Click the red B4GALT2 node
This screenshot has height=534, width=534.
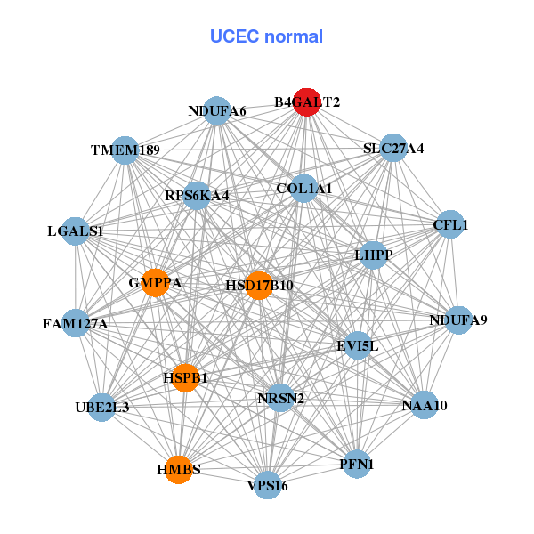306,102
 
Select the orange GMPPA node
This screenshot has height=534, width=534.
156,283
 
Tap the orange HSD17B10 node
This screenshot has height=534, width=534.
259,286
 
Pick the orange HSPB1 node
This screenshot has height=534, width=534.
185,377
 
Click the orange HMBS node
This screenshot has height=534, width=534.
179,469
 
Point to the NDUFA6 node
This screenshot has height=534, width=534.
217,111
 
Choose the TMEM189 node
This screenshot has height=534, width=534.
125,150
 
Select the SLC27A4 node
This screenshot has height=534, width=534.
394,149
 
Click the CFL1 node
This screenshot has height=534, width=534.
449,225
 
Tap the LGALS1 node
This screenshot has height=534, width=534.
76,231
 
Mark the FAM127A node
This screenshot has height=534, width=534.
76,323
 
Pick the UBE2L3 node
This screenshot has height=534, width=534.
102,408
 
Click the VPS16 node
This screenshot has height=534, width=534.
267,485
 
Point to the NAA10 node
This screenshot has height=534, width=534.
425,406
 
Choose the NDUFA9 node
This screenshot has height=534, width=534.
458,320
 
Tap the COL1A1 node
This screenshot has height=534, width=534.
303,188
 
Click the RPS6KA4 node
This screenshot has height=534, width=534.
197,195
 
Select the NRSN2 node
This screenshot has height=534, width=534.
281,398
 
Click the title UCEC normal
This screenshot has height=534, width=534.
266,36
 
